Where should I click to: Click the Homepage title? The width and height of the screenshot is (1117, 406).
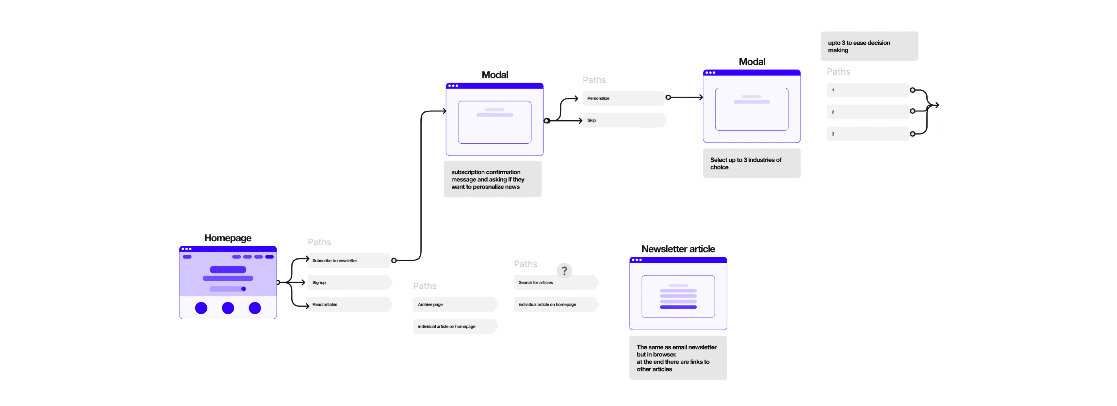click(x=228, y=238)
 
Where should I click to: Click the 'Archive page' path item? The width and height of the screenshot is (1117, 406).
click(x=455, y=304)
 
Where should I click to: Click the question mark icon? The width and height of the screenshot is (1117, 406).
click(x=564, y=271)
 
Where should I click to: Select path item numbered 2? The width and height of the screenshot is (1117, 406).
click(x=868, y=112)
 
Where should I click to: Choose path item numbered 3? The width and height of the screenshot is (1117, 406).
click(x=868, y=134)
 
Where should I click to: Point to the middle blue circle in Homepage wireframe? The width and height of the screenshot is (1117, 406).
click(x=228, y=308)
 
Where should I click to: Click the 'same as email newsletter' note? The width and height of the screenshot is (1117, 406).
click(x=678, y=358)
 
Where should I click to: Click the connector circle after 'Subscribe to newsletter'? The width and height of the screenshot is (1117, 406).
click(x=394, y=260)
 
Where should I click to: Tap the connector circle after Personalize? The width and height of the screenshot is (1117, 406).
click(x=668, y=97)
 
